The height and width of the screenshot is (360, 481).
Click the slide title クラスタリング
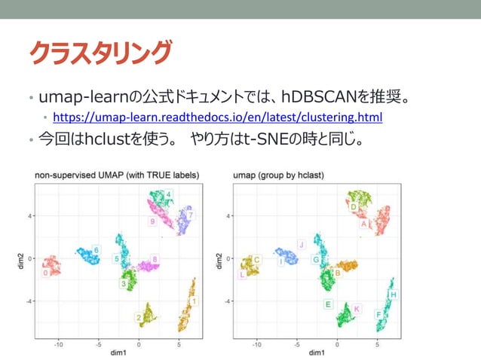point(100,52)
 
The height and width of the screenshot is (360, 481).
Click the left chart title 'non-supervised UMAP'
point(117,175)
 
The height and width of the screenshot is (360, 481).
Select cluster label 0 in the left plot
point(46,273)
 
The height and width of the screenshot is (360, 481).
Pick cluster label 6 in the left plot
point(96,250)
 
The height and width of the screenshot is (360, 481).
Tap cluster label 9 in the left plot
point(152,222)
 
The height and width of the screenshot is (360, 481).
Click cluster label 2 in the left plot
point(139,318)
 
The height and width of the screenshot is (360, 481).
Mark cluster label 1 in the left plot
point(195,301)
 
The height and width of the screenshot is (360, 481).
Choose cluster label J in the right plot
point(301,244)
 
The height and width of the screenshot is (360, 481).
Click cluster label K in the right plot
point(357,309)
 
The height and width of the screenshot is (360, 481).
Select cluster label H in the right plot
point(394,294)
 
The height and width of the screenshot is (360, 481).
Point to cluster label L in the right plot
point(242,275)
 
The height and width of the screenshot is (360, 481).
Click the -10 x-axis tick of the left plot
point(58,344)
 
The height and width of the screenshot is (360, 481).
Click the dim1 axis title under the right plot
point(317,352)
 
